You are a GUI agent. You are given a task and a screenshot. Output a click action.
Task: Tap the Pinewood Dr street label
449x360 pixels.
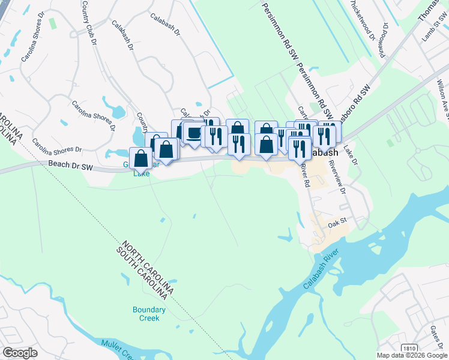382,41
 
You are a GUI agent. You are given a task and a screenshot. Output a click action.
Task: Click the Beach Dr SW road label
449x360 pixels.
71,163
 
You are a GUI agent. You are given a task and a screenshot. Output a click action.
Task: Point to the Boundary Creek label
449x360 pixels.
146,314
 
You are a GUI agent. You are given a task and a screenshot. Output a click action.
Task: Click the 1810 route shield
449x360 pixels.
409,349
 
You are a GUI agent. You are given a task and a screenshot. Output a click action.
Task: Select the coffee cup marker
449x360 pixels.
193,133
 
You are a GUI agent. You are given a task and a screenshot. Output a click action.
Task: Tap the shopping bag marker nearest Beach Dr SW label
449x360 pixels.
141,158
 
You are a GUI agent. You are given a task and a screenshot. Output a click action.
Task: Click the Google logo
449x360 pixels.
19,353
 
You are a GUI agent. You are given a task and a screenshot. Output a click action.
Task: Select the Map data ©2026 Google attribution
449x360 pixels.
412,355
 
